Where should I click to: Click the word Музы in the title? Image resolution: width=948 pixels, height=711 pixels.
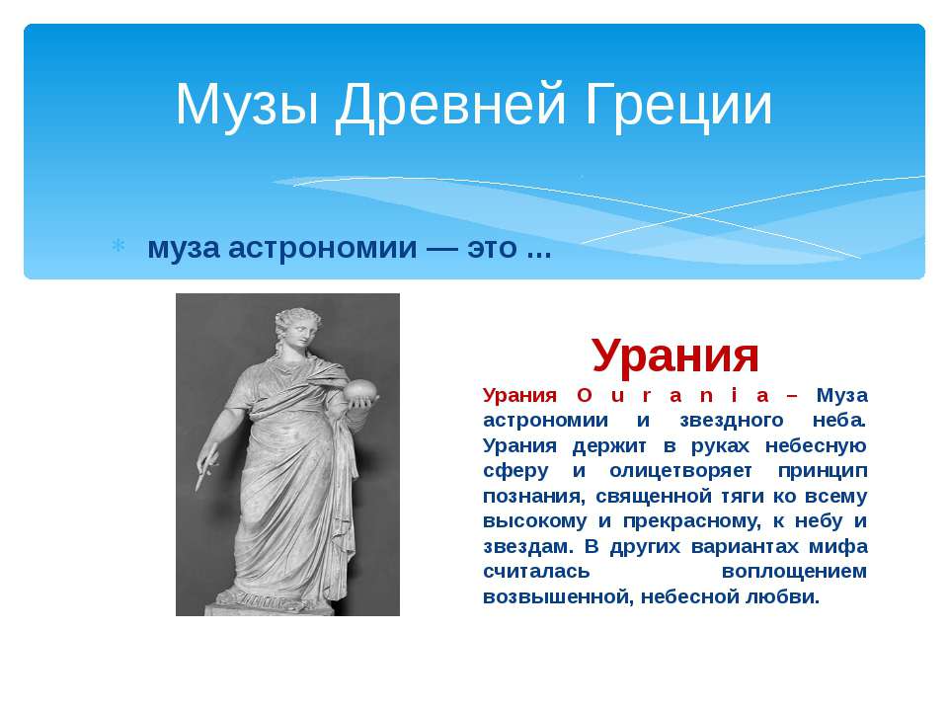(x=247, y=105)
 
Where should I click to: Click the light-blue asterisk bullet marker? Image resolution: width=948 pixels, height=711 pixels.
(x=118, y=246)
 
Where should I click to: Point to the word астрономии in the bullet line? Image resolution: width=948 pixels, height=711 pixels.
(x=322, y=247)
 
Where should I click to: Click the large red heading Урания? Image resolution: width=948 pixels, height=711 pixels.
(x=675, y=355)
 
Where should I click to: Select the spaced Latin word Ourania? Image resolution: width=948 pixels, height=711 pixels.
(x=672, y=395)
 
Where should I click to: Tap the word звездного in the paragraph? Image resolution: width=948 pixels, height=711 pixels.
(x=731, y=421)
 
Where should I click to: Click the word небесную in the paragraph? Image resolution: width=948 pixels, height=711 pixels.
(x=817, y=445)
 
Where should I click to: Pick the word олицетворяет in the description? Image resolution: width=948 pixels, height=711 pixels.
(x=680, y=470)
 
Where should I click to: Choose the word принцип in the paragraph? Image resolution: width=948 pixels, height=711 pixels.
(x=823, y=470)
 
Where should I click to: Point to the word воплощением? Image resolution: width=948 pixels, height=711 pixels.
(x=794, y=572)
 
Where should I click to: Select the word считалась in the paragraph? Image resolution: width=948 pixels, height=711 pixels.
(x=536, y=572)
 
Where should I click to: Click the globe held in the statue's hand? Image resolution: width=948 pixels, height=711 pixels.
(x=361, y=390)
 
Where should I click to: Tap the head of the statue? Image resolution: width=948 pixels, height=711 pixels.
(x=298, y=328)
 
